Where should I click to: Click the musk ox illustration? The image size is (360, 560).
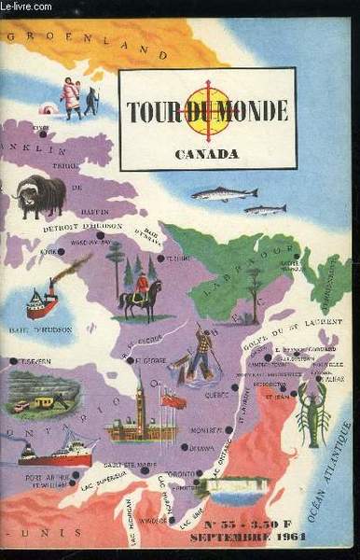[x=40, y=194]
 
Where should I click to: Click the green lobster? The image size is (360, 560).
[x=314, y=410]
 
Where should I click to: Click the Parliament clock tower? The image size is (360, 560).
[x=140, y=401]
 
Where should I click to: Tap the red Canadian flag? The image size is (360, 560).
[x=173, y=400]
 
